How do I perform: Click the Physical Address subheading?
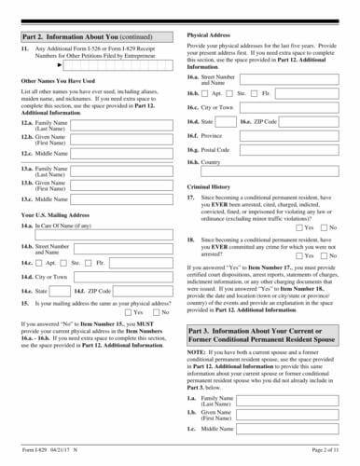click(x=211, y=33)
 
